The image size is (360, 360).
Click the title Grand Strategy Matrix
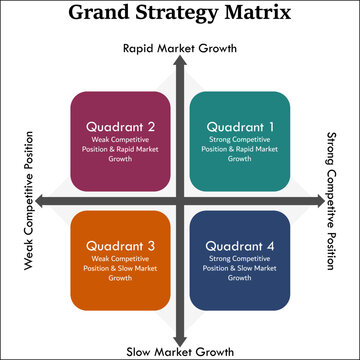[180, 14]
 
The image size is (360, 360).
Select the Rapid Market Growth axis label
[179, 47]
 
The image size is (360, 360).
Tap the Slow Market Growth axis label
[180, 352]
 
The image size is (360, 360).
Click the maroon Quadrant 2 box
[120, 141]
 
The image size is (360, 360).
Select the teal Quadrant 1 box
[239, 141]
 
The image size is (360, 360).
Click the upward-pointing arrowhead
[179, 62]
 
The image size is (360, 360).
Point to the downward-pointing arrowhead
[179, 338]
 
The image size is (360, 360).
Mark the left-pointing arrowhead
[44, 201]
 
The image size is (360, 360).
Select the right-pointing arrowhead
[315, 201]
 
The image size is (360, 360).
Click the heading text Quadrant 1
[239, 127]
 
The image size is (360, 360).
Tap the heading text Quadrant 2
[120, 127]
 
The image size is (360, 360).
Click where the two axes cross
[179, 201]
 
